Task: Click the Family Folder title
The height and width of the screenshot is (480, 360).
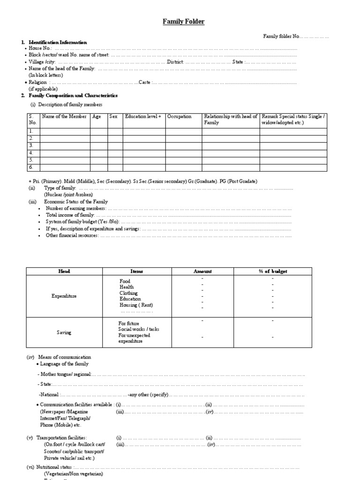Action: click(183, 22)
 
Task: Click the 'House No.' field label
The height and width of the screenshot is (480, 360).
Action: click(41, 49)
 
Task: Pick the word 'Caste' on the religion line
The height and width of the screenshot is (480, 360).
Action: click(144, 82)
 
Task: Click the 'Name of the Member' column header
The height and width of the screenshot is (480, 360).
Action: click(65, 117)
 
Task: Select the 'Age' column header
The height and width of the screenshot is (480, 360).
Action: click(97, 117)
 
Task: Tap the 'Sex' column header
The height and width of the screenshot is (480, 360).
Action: click(113, 117)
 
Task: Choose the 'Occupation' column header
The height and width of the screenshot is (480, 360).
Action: click(180, 117)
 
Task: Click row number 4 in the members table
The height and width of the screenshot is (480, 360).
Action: click(31, 153)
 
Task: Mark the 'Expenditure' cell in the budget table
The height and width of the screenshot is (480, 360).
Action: click(64, 296)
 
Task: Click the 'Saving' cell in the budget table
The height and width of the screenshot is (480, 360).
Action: click(64, 332)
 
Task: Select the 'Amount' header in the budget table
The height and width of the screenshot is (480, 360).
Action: click(202, 271)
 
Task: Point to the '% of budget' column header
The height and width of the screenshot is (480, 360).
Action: click(273, 271)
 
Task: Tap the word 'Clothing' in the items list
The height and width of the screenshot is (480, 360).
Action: click(128, 293)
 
